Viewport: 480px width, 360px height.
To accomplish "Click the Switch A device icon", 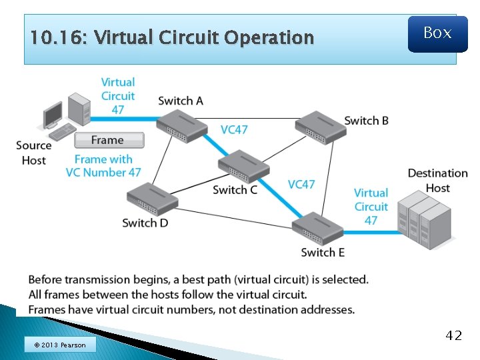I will (x=181, y=125).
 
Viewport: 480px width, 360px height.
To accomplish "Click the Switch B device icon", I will (x=320, y=126).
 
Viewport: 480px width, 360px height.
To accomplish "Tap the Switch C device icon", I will (x=243, y=166).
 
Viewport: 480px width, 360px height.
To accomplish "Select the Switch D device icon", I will (x=152, y=198).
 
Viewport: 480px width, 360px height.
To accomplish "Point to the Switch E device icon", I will (x=317, y=228).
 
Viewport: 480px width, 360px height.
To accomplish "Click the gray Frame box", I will (x=108, y=140).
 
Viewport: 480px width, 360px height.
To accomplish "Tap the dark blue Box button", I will (x=437, y=33).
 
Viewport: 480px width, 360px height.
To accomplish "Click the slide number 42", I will (x=453, y=335).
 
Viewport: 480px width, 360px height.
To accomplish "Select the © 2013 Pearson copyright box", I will (x=59, y=345).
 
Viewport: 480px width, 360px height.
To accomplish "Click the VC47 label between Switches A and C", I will (x=234, y=129).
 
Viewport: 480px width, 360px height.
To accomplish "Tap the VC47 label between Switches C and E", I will (x=301, y=184).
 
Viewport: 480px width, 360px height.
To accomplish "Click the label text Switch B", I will (x=366, y=121).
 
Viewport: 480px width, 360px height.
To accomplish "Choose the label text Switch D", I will (x=145, y=223).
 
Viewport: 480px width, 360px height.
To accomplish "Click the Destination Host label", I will (x=437, y=181).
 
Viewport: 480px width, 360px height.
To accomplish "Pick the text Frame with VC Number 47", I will (x=103, y=165).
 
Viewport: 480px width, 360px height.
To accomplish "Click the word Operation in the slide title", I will (x=269, y=37).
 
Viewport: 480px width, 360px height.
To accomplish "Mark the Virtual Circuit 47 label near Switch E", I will (x=371, y=207).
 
